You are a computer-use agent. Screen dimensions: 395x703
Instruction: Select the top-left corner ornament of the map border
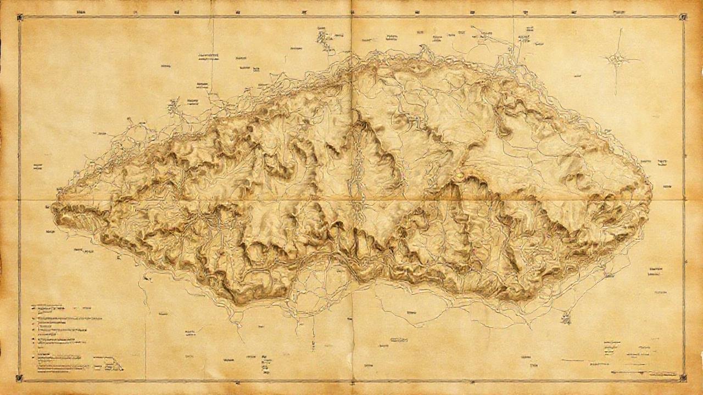pyautogui.click(x=20, y=18)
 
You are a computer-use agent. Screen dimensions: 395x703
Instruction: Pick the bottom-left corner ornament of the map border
pyautogui.click(x=20, y=377)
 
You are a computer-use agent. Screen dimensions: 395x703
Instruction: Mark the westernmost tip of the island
pyautogui.click(x=52, y=207)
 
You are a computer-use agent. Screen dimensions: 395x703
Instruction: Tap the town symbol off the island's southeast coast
pyautogui.click(x=566, y=317)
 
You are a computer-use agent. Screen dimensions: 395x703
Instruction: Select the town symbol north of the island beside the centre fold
pyautogui.click(x=321, y=37)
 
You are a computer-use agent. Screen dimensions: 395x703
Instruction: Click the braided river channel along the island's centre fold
pyautogui.click(x=358, y=165)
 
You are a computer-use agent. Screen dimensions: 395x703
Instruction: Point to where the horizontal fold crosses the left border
pyautogui.click(x=20, y=199)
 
